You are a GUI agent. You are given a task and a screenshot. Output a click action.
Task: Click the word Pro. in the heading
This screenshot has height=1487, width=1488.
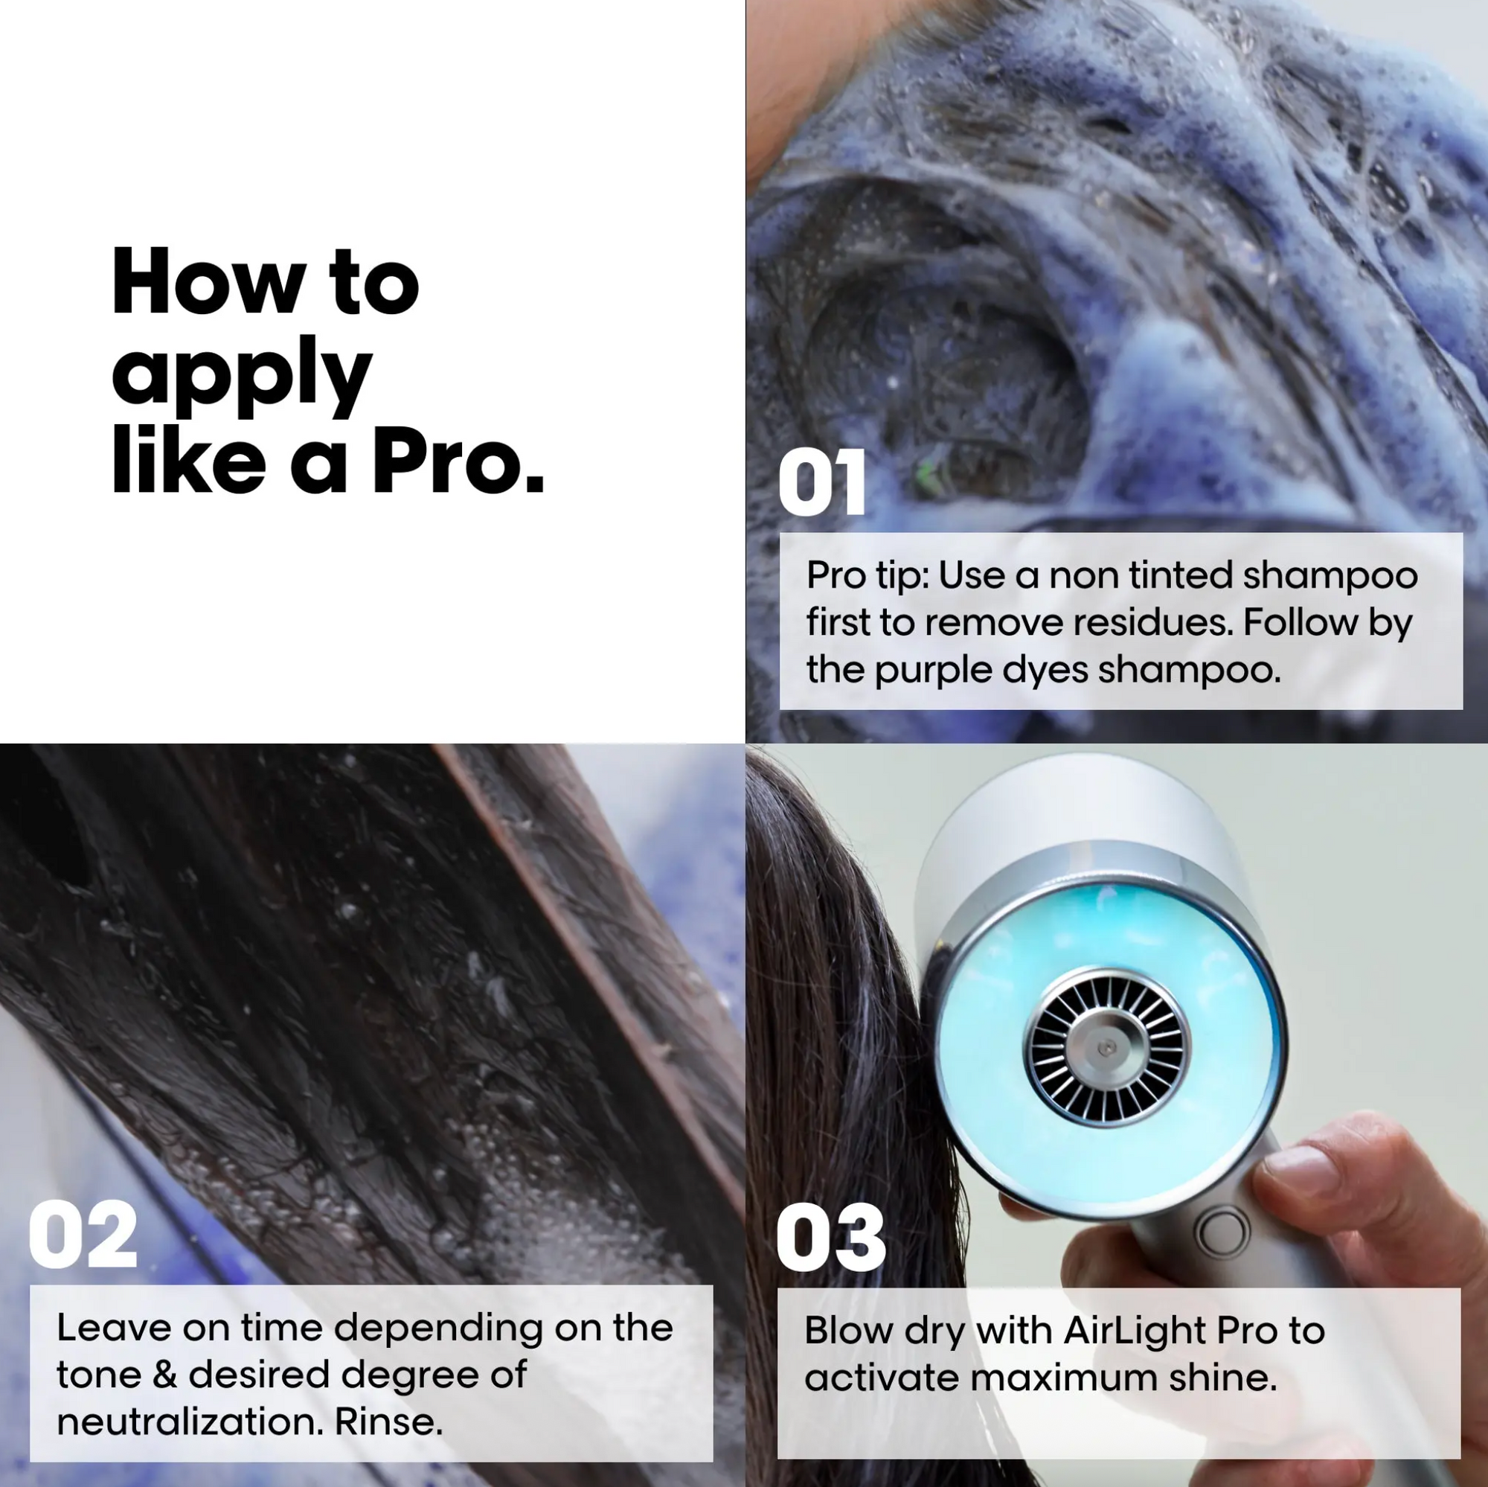(x=459, y=461)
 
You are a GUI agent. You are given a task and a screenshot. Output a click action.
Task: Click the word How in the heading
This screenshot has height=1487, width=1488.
(x=208, y=282)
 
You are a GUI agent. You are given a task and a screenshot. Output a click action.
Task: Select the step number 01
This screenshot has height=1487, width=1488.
(x=822, y=483)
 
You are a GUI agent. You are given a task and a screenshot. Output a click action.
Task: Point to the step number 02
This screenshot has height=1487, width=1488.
(x=83, y=1234)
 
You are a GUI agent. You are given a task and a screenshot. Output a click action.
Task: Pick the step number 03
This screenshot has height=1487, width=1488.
(x=831, y=1238)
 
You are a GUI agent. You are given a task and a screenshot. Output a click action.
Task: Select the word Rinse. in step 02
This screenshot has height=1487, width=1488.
(x=388, y=1422)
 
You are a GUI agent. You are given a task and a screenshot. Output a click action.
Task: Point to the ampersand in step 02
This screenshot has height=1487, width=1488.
(x=164, y=1375)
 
